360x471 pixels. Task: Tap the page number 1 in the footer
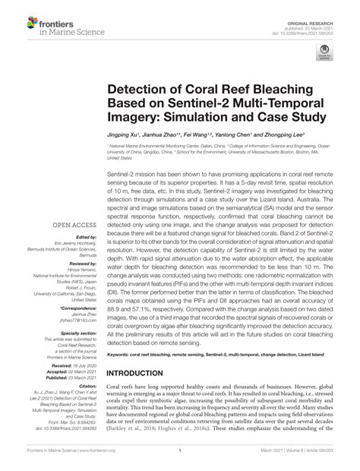(x=180, y=460)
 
